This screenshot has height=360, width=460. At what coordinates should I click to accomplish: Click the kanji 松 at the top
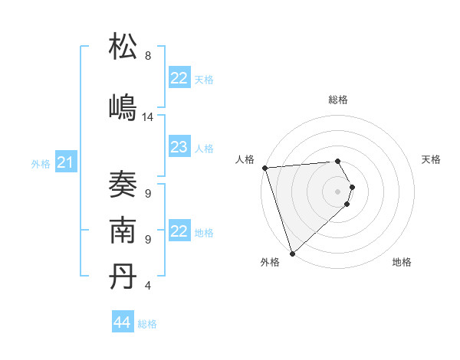tap(123, 47)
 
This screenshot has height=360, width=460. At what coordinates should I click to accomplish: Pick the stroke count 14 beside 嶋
tap(148, 117)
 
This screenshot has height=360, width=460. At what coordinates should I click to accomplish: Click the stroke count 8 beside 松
tap(148, 56)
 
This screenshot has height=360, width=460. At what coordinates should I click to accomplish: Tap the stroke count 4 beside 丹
tap(148, 286)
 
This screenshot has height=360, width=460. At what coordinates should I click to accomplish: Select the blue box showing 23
tap(179, 147)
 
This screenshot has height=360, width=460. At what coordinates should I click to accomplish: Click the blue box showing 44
tap(123, 322)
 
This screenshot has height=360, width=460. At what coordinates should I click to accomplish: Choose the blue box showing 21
tap(65, 162)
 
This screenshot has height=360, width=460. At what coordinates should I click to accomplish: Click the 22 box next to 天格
tap(179, 78)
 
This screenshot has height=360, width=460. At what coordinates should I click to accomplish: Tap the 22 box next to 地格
tap(179, 231)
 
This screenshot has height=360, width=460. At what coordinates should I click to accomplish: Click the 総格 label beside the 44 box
tap(147, 324)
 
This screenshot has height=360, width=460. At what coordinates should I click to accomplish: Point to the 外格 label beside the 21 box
tap(41, 164)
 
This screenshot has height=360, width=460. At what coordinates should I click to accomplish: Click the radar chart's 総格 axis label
tap(337, 100)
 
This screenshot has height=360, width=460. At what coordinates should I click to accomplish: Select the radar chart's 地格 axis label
tap(402, 262)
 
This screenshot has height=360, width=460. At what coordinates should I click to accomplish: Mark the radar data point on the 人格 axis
tap(264, 168)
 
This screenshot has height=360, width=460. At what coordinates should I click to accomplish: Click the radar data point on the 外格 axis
tap(291, 253)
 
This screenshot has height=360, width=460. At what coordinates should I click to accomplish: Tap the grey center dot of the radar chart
tap(337, 191)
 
